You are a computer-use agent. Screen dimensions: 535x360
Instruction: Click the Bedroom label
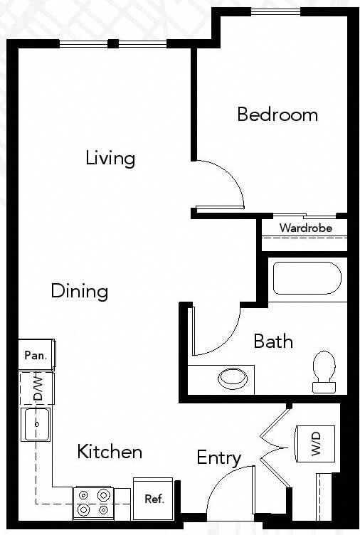coord(277,115)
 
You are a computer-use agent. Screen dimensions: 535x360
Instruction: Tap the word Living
coord(110,157)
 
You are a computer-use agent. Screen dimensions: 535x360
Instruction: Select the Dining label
coord(80,291)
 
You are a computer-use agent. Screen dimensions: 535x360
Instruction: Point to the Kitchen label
coord(110,451)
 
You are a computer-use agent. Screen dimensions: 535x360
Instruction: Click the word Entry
coord(218,457)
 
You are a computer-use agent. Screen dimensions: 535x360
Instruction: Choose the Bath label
coord(273,341)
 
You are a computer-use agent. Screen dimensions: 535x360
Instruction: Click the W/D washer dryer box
coord(314,444)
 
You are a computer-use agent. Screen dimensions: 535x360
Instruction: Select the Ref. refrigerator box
coord(154,498)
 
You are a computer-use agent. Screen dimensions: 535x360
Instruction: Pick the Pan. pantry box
coord(36,355)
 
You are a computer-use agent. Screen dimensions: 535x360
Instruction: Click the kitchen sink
coord(36,424)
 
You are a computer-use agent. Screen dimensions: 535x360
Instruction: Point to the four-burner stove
coord(94,502)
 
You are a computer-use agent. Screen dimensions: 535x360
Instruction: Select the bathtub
coord(307,278)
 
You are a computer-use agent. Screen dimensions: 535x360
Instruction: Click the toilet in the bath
coord(324,370)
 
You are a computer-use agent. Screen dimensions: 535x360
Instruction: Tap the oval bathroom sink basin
coord(233,378)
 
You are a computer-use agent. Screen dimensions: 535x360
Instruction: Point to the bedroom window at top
coord(276,11)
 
